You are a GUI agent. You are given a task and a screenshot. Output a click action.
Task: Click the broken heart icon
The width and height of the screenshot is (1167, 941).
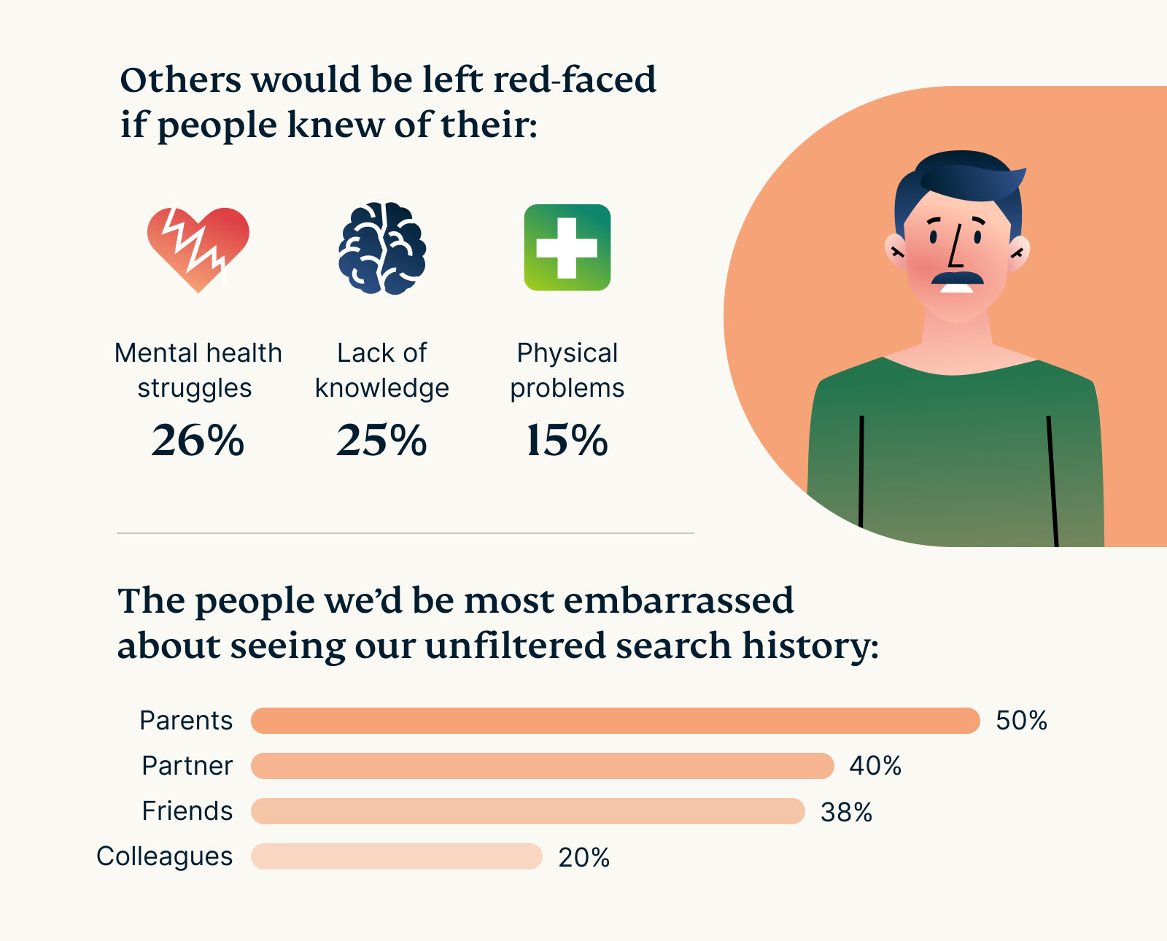198,248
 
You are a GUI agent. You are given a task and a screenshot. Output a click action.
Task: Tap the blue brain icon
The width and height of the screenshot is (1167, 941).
382,248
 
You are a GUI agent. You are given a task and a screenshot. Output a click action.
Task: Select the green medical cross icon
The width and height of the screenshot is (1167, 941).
567,248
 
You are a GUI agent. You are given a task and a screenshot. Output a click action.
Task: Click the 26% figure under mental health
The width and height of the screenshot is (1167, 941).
198,441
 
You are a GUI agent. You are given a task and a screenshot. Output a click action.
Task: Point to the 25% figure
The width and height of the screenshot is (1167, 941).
381,441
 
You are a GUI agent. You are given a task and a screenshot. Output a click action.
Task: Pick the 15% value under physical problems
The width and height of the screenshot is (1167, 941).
567,441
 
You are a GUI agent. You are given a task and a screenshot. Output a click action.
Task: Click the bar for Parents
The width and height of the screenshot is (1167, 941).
615,721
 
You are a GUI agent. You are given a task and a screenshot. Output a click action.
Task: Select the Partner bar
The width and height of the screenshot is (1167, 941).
542,766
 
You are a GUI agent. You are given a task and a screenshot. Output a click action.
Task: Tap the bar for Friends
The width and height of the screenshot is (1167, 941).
527,811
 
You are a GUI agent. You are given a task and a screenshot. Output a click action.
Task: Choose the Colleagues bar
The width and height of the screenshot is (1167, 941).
396,856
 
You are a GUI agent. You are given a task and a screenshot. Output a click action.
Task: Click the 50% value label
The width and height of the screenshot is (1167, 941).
1021,721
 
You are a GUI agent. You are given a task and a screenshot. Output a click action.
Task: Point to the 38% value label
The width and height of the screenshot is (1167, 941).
846,812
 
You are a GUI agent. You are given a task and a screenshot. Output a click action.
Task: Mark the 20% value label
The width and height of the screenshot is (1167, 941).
583,857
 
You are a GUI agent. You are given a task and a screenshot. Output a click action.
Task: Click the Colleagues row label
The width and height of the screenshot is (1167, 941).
165,856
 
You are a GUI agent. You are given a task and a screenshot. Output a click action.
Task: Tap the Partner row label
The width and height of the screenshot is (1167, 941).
187,766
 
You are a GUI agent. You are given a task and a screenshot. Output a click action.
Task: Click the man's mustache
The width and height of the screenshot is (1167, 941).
956,278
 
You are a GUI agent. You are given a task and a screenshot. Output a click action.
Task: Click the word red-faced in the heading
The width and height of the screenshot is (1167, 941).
575,80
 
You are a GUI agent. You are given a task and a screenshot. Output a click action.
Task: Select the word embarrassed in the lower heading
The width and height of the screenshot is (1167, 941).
678,601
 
